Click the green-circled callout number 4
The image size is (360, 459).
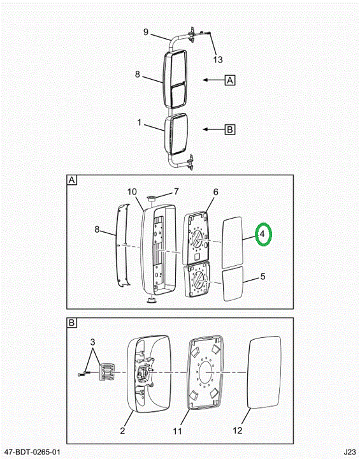263,234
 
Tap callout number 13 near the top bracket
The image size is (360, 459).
218,60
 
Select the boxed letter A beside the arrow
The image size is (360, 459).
230,80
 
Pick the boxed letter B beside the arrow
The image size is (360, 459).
230,129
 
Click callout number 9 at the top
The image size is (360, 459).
146,32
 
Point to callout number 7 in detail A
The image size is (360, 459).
176,191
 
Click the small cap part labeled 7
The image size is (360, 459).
151,199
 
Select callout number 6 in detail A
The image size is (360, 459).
216,192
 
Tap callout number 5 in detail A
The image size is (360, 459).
263,276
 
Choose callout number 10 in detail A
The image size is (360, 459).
132,192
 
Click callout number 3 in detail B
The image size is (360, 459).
92,342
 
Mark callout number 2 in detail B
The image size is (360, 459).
122,430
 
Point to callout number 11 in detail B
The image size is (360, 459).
177,431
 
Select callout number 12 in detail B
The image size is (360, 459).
238,430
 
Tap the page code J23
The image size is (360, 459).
350,452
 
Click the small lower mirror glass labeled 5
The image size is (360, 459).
233,284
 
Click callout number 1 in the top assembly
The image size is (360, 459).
140,122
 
